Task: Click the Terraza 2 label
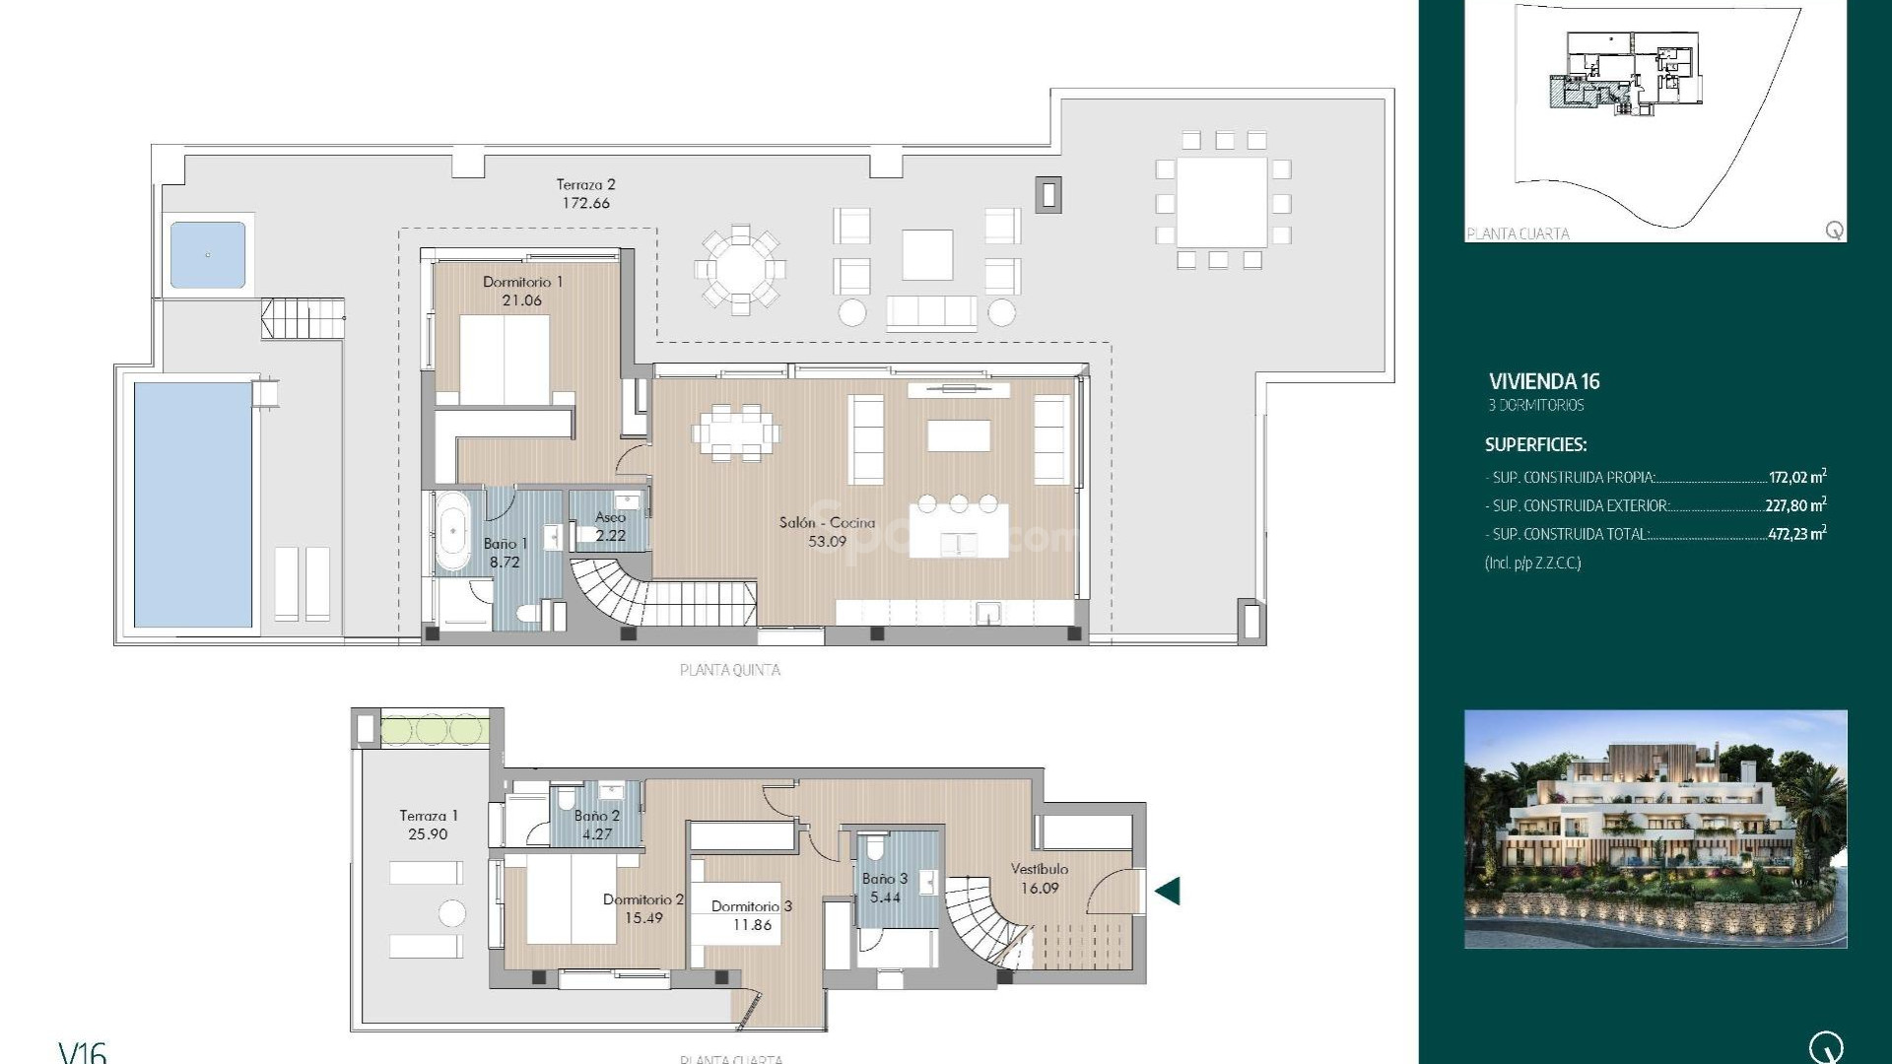[x=585, y=184]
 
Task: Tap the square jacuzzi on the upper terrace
[x=208, y=255]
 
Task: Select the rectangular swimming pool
[x=193, y=503]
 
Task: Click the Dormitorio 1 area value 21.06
[x=521, y=300]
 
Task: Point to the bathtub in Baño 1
[x=453, y=532]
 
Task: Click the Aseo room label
[x=610, y=517]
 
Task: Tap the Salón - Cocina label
[x=827, y=522]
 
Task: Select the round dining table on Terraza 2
[x=740, y=269]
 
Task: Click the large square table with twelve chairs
[x=1222, y=202]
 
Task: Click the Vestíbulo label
[x=1040, y=869]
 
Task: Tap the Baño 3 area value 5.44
[x=885, y=898]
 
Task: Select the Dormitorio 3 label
[x=751, y=906]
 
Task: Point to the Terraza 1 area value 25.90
[x=428, y=834]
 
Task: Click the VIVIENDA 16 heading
[x=1544, y=381]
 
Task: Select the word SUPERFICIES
[x=1535, y=444]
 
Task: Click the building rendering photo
[x=1655, y=829]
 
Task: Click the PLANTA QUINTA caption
[x=730, y=670]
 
